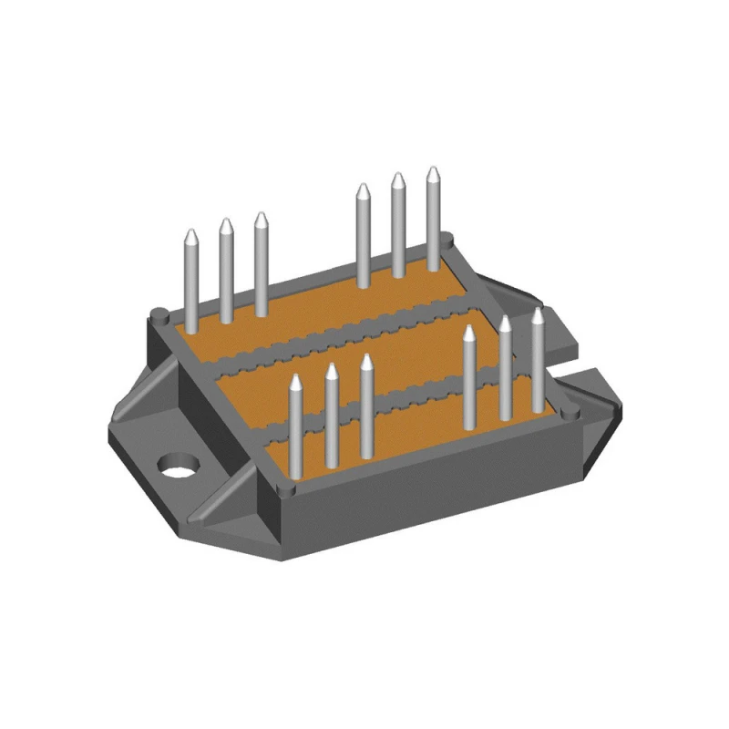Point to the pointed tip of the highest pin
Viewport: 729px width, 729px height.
click(433, 170)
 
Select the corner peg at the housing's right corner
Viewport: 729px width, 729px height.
click(571, 415)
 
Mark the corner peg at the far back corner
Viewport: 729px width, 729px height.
click(447, 239)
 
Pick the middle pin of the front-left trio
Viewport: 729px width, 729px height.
click(332, 416)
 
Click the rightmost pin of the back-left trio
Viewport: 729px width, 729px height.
click(262, 263)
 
